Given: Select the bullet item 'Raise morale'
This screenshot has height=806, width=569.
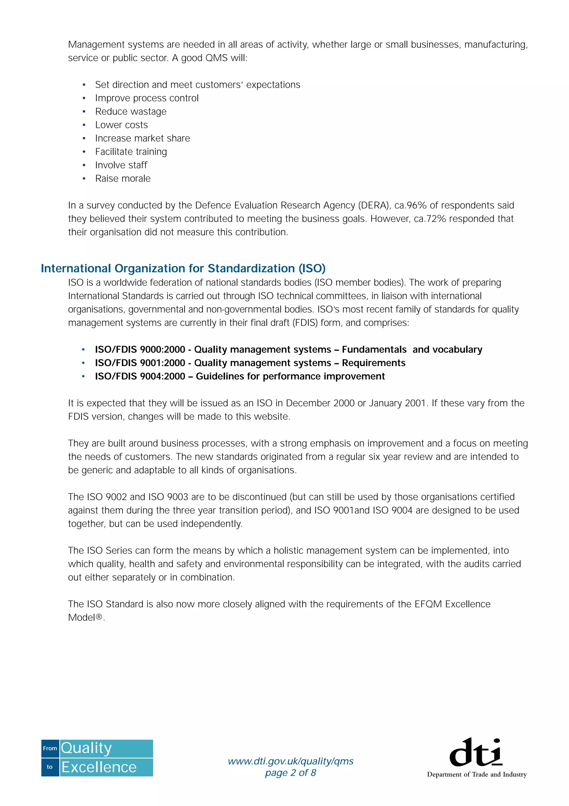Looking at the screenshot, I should coord(123,179).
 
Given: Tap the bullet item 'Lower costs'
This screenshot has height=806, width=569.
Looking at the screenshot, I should coord(121,125).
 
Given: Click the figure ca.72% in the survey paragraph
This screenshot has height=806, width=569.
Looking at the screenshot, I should coord(430,219).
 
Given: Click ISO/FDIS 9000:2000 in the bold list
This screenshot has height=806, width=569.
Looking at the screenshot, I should coord(140,350).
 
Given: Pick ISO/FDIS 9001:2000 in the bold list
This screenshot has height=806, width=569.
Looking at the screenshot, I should coord(140,363).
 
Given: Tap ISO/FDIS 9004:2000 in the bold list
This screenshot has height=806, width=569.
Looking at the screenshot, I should coord(140,376).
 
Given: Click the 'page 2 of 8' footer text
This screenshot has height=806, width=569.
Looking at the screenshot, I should coord(290,773).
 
